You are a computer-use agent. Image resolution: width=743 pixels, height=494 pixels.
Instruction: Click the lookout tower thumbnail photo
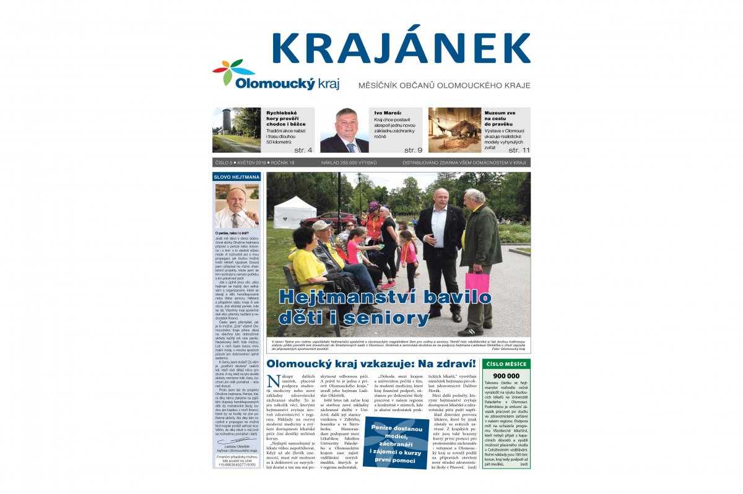click(237, 130)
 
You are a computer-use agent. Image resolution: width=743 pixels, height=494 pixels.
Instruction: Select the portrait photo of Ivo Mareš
click(344, 130)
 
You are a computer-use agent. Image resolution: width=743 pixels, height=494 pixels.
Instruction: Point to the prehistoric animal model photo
click(454, 130)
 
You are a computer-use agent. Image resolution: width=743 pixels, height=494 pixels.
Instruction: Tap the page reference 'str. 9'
click(413, 150)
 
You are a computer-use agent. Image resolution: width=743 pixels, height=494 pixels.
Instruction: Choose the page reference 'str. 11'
click(519, 150)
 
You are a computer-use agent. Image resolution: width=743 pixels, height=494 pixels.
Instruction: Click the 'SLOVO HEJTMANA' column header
click(237, 177)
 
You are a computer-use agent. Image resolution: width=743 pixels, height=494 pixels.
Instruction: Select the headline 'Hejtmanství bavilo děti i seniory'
click(384, 307)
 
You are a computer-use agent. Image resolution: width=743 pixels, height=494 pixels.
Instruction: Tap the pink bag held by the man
click(477, 282)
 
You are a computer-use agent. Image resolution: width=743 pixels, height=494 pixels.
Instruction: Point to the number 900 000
click(506, 375)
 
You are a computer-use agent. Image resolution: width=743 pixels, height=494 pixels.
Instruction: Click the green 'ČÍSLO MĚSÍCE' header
click(506, 364)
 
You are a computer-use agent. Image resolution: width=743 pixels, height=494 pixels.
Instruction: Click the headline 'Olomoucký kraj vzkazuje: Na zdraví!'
click(370, 364)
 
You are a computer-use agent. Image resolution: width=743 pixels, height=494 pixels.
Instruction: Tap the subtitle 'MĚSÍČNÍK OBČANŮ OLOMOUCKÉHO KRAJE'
click(444, 85)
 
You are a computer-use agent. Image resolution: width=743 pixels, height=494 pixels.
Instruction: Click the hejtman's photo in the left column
click(237, 207)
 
